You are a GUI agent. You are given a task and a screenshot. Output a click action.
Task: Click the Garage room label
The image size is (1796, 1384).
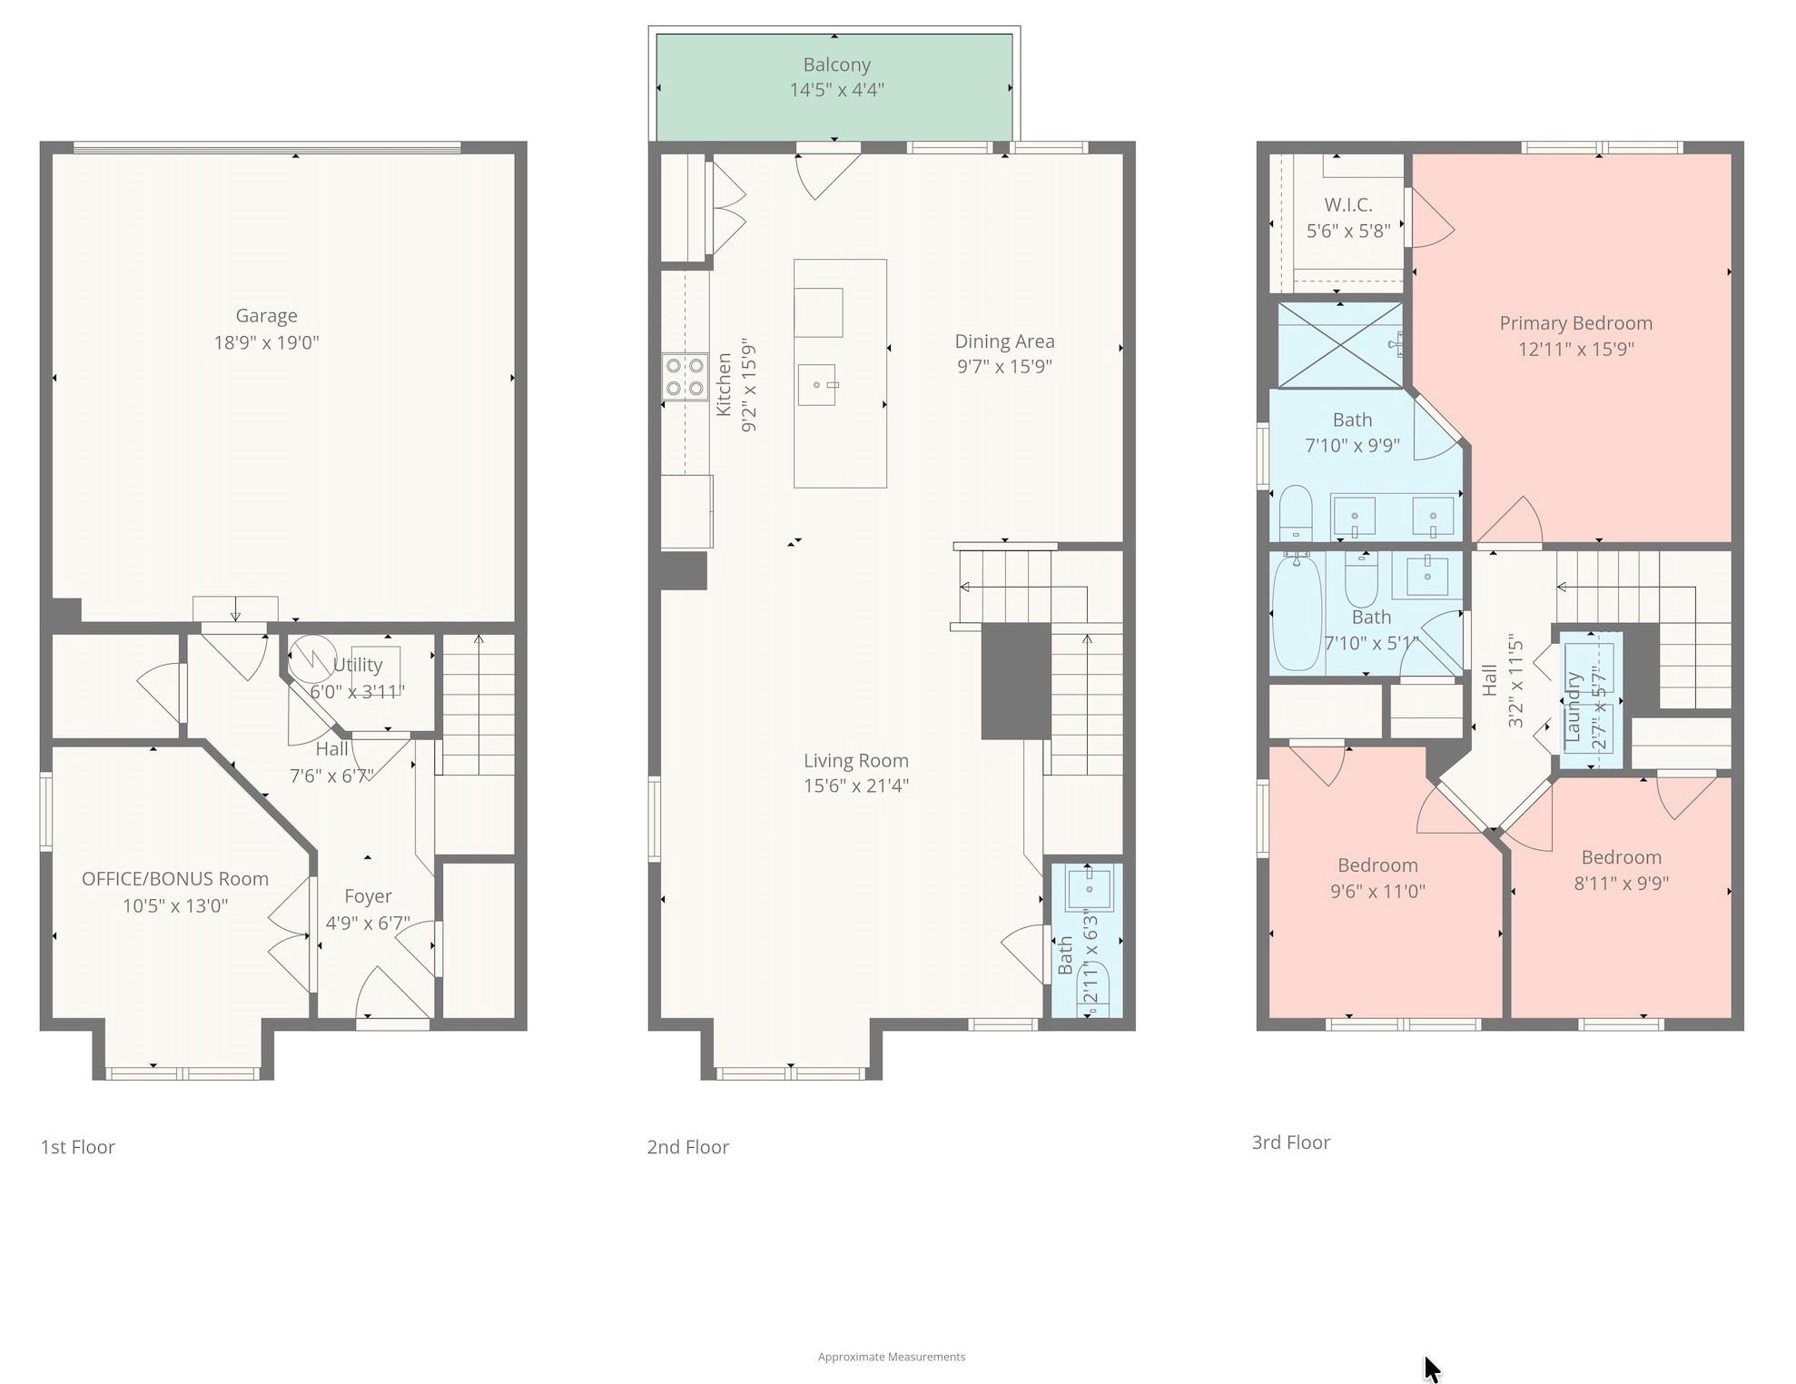click(266, 316)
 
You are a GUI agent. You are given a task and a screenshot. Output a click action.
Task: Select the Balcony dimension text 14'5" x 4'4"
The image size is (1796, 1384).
click(836, 90)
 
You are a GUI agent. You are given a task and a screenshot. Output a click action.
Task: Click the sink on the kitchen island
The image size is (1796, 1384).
click(816, 385)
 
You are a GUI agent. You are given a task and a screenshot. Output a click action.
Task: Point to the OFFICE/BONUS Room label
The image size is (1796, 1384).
click(175, 879)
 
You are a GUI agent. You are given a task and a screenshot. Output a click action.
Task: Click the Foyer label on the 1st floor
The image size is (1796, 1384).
click(368, 896)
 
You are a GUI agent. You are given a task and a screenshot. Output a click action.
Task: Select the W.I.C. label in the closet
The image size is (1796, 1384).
click(1347, 205)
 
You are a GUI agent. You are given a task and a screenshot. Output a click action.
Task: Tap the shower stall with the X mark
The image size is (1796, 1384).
click(1339, 345)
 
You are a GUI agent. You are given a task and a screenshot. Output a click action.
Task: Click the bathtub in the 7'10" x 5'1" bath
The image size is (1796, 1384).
click(1296, 613)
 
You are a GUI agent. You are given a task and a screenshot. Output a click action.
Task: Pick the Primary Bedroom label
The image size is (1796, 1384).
click(1575, 323)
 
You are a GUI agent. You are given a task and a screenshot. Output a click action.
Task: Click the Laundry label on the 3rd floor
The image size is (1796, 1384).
click(1574, 706)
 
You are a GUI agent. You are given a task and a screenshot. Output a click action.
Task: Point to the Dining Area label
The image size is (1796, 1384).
click(1004, 341)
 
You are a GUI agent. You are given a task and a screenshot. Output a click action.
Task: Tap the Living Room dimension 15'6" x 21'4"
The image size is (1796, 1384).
click(855, 786)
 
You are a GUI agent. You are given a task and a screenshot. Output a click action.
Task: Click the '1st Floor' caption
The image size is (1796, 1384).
click(78, 1147)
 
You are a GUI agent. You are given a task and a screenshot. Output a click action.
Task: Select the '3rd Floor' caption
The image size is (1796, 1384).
click(1290, 1142)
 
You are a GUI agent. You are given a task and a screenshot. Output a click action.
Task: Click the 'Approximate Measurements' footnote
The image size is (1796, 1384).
click(891, 1357)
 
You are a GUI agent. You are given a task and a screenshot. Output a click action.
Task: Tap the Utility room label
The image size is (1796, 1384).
click(357, 665)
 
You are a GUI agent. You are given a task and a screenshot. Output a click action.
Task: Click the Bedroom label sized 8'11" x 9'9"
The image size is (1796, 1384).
click(1621, 857)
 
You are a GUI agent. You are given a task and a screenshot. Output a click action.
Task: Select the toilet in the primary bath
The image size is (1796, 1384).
click(1296, 513)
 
